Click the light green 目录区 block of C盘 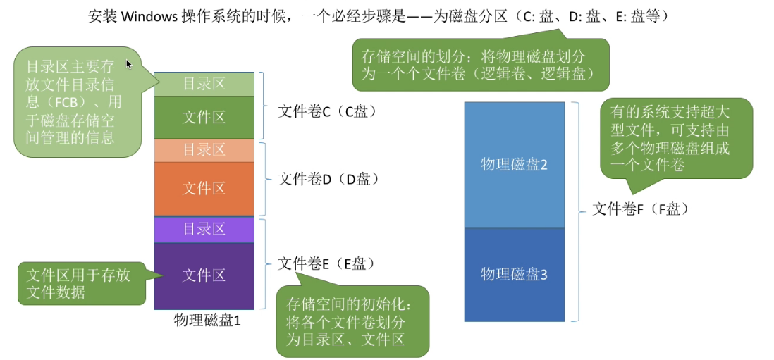(204, 84)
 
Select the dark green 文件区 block (204, 117)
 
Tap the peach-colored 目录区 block (204, 150)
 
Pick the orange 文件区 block (204, 188)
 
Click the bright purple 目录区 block (204, 229)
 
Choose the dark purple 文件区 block (204, 275)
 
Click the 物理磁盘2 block (515, 165)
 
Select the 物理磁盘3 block (515, 274)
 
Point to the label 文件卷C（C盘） (328, 111)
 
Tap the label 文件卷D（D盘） (329, 179)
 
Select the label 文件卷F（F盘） (640, 209)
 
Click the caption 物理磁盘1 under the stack (207, 321)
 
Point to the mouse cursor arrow (129, 64)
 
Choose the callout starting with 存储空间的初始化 (352, 322)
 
